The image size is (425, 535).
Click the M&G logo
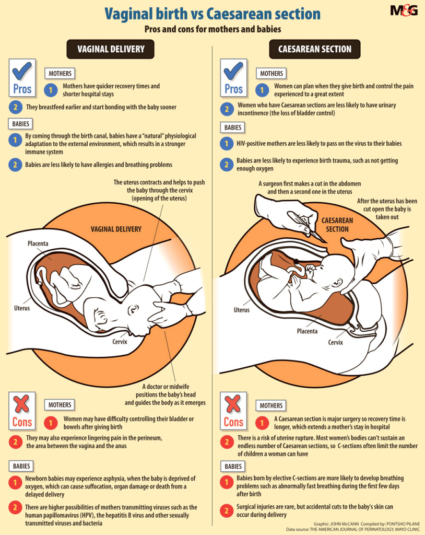pyautogui.click(x=404, y=10)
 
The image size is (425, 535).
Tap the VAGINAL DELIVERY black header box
pyautogui.click(x=111, y=49)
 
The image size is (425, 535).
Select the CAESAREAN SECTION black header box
pyautogui.click(x=314, y=49)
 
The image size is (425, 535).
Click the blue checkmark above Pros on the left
pyautogui.click(x=22, y=71)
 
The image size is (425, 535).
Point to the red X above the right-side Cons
pyautogui.click(x=233, y=404)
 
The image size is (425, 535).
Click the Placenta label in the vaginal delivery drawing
pyautogui.click(x=38, y=243)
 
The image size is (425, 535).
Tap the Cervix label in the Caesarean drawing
pyautogui.click(x=335, y=342)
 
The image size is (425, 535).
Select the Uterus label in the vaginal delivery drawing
pyautogui.click(x=22, y=308)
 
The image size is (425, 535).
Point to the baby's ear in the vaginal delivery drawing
pyautogui.click(x=133, y=309)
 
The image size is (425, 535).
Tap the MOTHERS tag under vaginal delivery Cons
pyautogui.click(x=60, y=405)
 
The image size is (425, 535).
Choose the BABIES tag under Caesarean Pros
pyautogui.click(x=233, y=127)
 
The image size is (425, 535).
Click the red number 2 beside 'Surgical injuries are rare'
pyautogui.click(x=227, y=511)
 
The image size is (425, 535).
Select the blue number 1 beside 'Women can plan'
pyautogui.click(x=262, y=90)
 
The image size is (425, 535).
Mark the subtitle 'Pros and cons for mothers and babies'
pyautogui.click(x=212, y=29)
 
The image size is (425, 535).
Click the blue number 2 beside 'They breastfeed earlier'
pyautogui.click(x=15, y=107)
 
